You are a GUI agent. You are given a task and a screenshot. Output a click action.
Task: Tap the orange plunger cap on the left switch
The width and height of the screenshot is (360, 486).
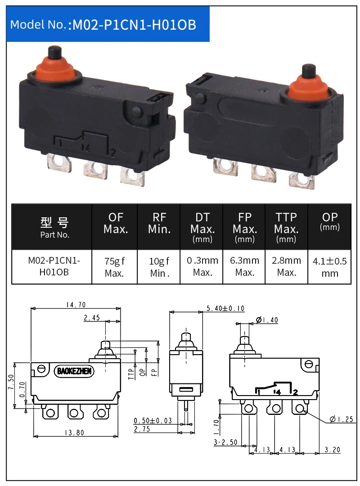pos(55,67)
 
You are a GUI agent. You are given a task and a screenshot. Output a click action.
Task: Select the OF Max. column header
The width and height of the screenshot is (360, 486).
pos(116,223)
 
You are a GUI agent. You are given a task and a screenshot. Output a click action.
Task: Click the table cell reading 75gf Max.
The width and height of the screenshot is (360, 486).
pos(114,267)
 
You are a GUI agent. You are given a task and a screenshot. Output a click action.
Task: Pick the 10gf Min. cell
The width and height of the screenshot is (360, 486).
pos(159,267)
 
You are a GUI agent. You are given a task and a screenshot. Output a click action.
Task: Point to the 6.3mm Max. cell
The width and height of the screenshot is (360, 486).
pos(244,266)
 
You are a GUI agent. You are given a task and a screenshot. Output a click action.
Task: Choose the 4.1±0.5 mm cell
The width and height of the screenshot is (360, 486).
pos(330,267)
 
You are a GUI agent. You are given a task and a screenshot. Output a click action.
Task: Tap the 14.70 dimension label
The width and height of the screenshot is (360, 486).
pos(76,305)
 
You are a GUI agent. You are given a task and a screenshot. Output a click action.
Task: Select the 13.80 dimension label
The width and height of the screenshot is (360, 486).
pos(74,433)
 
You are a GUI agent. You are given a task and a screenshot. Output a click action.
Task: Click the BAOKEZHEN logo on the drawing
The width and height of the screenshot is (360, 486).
pos(74,371)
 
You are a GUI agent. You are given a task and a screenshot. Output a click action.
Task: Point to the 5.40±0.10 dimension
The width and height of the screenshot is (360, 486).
pos(225,308)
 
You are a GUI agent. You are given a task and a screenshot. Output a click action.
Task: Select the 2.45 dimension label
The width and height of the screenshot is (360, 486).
pos(92,318)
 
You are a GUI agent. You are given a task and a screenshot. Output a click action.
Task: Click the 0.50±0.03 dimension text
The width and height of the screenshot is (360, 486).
pos(153,421)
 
